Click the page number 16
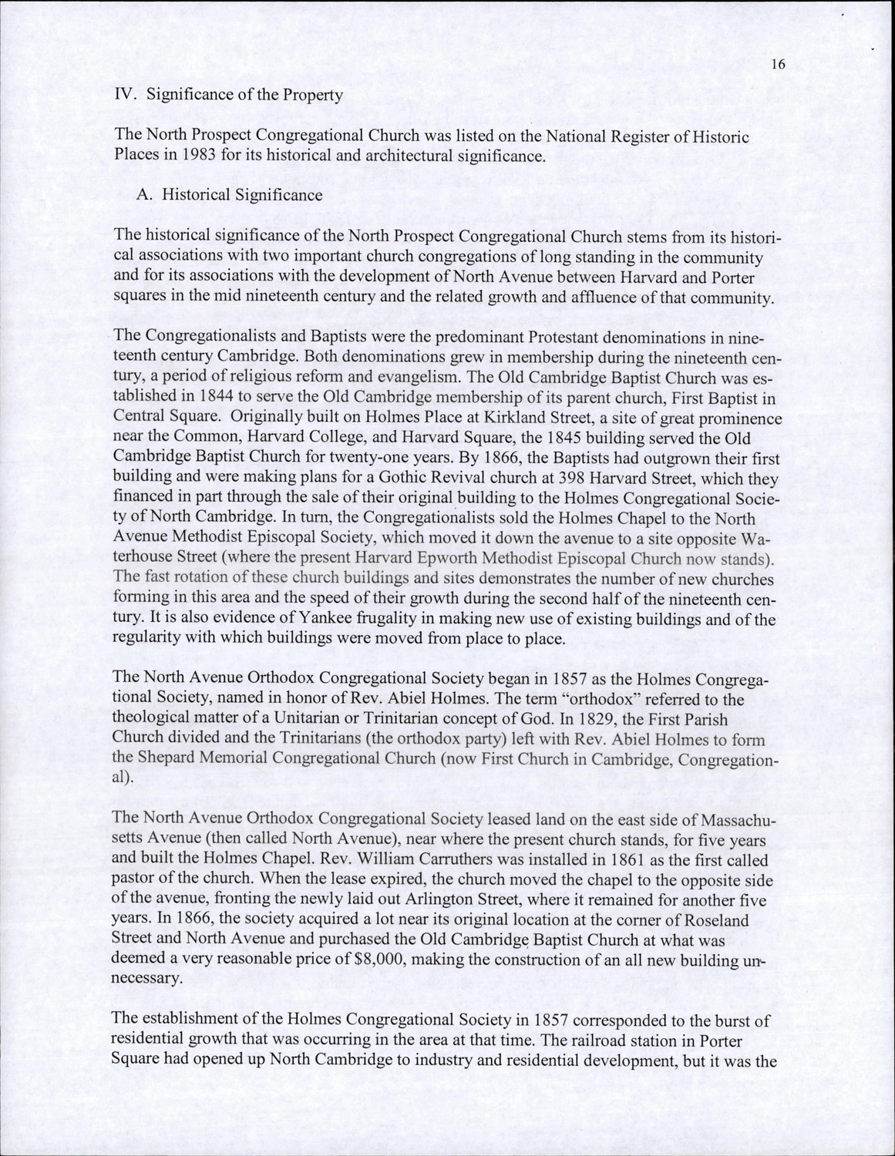coord(777,65)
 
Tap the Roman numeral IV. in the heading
coord(126,96)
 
